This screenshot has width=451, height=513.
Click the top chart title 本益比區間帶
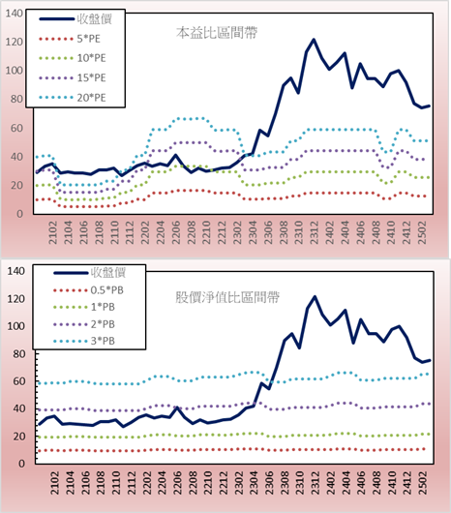click(217, 33)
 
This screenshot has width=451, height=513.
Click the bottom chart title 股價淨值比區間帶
click(227, 297)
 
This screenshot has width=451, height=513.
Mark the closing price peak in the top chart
click(314, 40)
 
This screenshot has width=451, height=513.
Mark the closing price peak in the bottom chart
click(315, 297)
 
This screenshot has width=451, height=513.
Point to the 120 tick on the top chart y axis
click(15, 42)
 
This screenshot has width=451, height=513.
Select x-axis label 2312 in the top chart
click(315, 232)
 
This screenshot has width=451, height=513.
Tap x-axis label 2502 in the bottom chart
click(423, 483)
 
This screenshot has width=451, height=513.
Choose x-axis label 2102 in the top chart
click(53, 232)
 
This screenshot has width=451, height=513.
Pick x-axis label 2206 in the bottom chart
click(177, 483)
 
